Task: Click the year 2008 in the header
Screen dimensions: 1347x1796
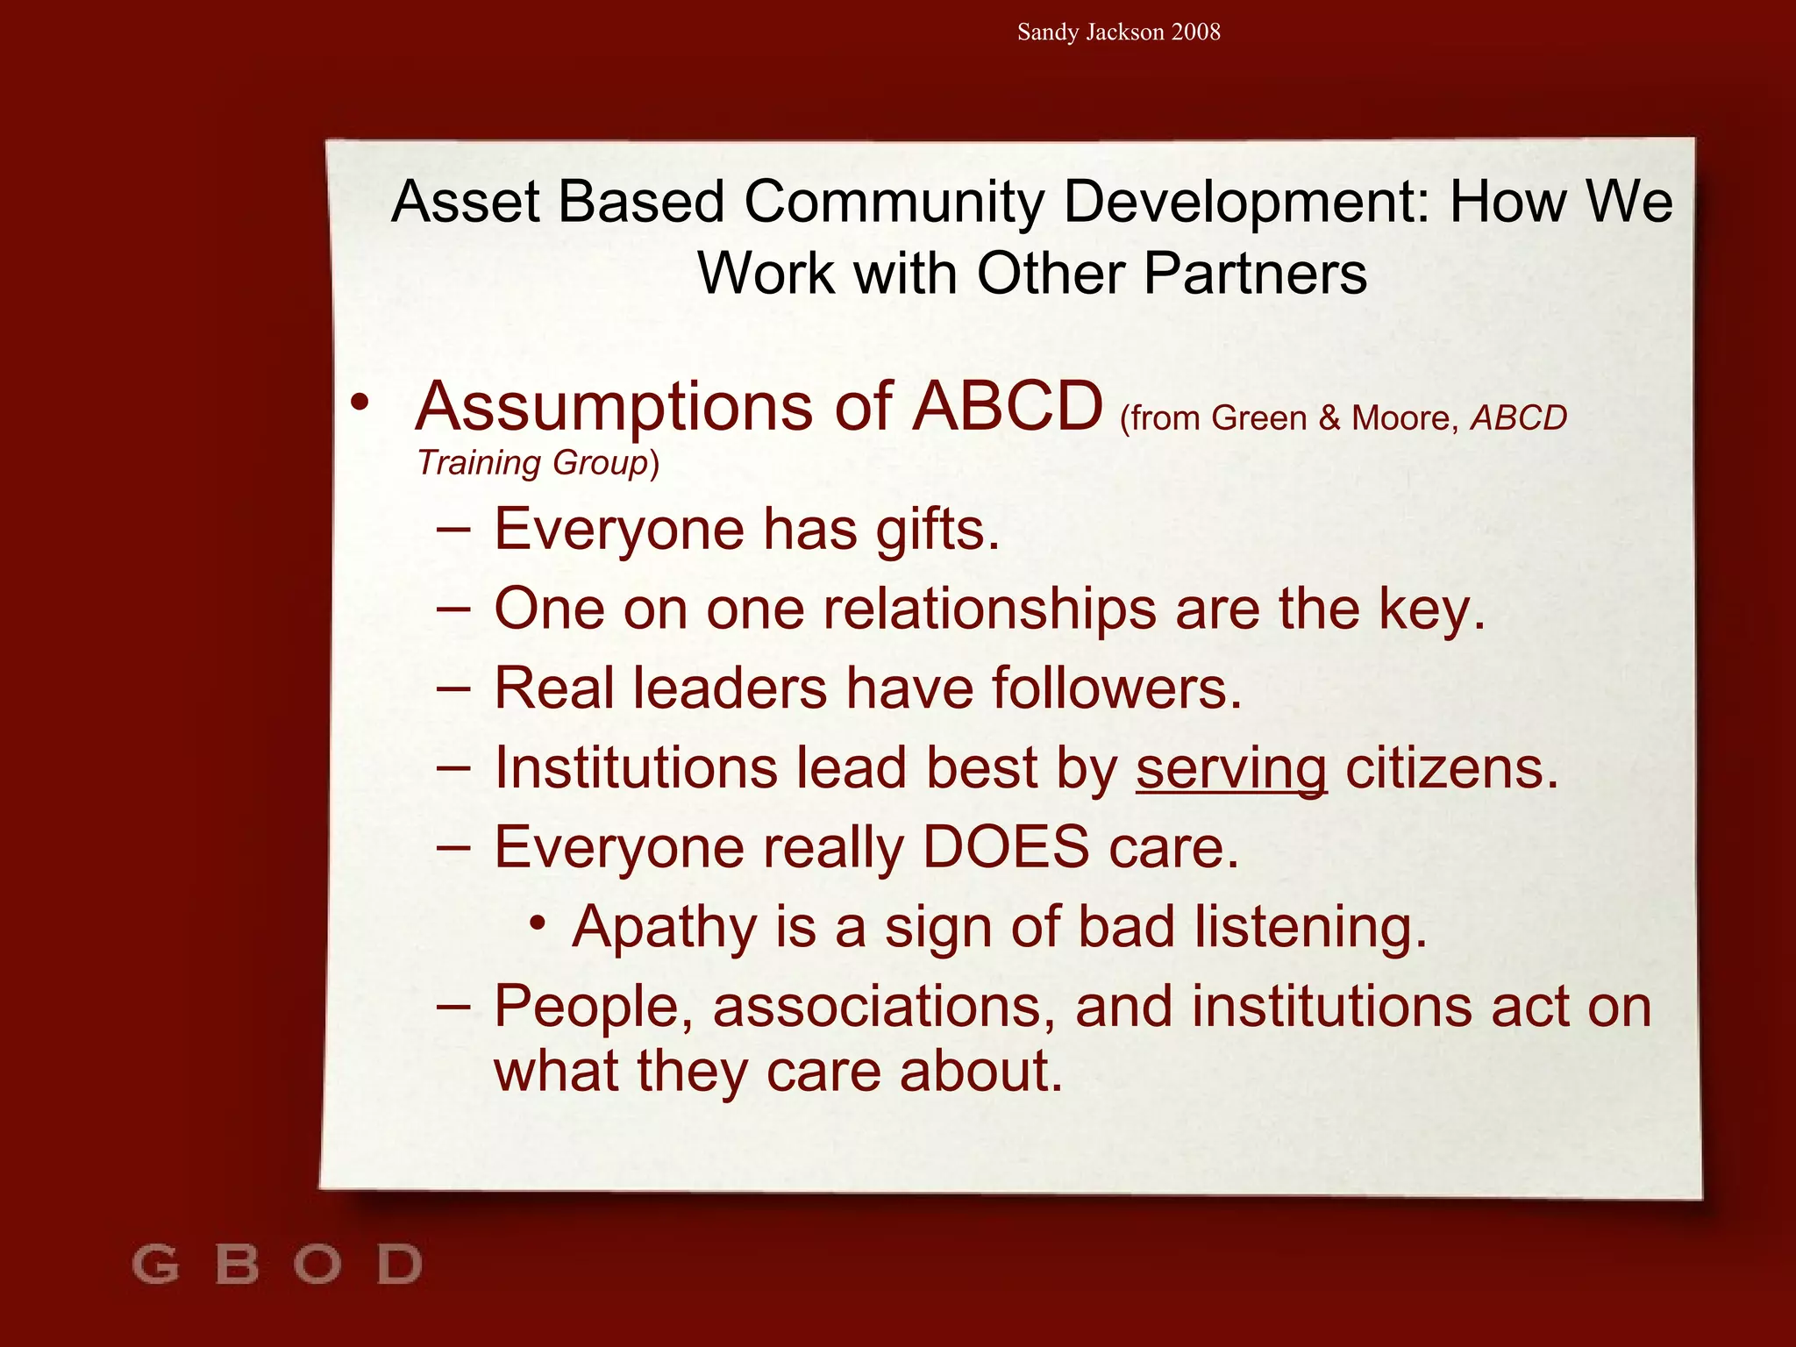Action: click(x=1195, y=32)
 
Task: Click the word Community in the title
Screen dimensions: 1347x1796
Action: click(x=894, y=202)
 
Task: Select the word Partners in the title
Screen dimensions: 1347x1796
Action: click(x=1255, y=273)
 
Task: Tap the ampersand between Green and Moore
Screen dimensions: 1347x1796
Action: click(x=1329, y=418)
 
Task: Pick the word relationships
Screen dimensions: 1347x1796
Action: click(x=989, y=609)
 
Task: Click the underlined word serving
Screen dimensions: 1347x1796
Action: click(x=1231, y=769)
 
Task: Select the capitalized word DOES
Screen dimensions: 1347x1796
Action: click(x=1006, y=847)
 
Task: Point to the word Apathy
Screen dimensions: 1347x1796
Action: click(x=664, y=928)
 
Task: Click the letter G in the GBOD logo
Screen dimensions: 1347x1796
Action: click(x=155, y=1265)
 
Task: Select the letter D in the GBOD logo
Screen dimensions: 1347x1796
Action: click(x=400, y=1265)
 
